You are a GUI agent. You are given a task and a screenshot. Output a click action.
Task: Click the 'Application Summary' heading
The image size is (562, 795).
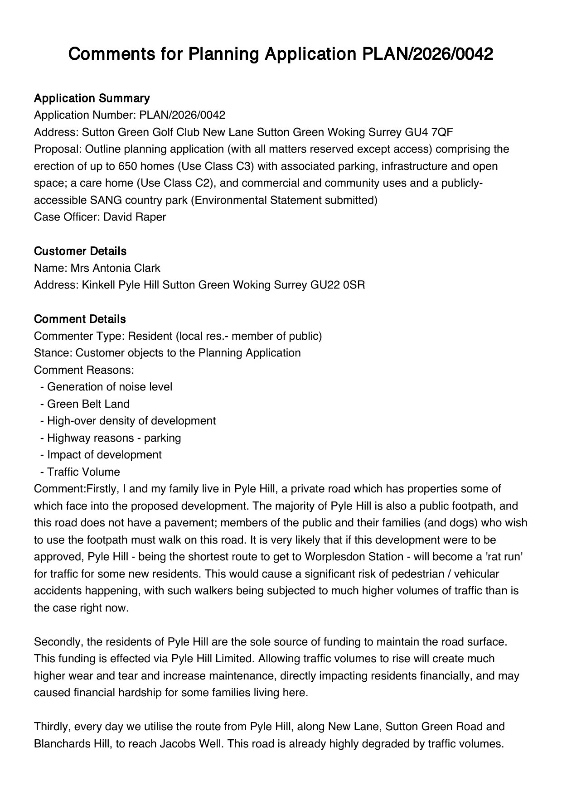pyautogui.click(x=92, y=98)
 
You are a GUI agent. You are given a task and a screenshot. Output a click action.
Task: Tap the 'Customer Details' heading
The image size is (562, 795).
pyautogui.click(x=80, y=251)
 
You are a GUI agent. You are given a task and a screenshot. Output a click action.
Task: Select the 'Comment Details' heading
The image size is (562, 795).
pyautogui.click(x=80, y=319)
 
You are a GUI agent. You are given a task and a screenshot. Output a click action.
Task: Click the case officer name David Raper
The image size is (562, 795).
pyautogui.click(x=135, y=217)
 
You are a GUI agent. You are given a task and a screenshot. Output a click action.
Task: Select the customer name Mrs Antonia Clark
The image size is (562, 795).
pyautogui.click(x=115, y=268)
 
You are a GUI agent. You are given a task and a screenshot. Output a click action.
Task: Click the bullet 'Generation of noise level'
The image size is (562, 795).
pyautogui.click(x=109, y=387)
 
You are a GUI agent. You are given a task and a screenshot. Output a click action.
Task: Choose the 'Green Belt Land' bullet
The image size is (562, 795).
pyautogui.click(x=88, y=404)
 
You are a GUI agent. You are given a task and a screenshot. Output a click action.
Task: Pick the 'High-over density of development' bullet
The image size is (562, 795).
pyautogui.click(x=131, y=421)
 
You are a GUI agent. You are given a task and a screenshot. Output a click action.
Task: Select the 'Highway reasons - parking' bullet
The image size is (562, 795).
pyautogui.click(x=114, y=438)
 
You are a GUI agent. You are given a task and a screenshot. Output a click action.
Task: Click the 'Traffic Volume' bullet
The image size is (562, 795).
pyautogui.click(x=83, y=472)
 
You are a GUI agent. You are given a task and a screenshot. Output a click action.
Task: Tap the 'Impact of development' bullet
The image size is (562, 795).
pyautogui.click(x=104, y=455)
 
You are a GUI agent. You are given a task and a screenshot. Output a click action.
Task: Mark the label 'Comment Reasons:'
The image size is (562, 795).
pyautogui.click(x=84, y=370)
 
